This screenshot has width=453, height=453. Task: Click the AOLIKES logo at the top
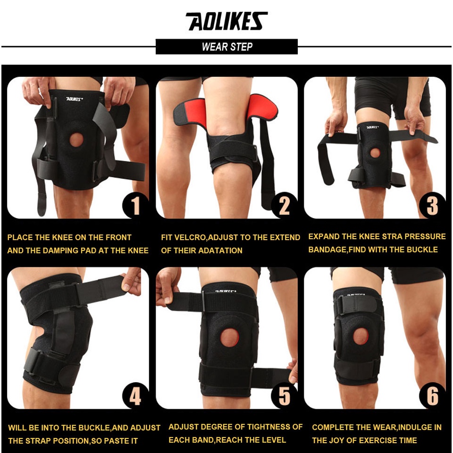[226, 22]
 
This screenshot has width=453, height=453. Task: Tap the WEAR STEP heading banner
[226, 47]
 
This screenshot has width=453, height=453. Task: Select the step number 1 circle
[135, 206]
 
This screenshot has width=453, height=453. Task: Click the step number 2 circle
[284, 206]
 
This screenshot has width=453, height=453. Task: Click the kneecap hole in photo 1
[76, 140]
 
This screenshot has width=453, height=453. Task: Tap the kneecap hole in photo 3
[375, 153]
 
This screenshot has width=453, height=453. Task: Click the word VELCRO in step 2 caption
[190, 237]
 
